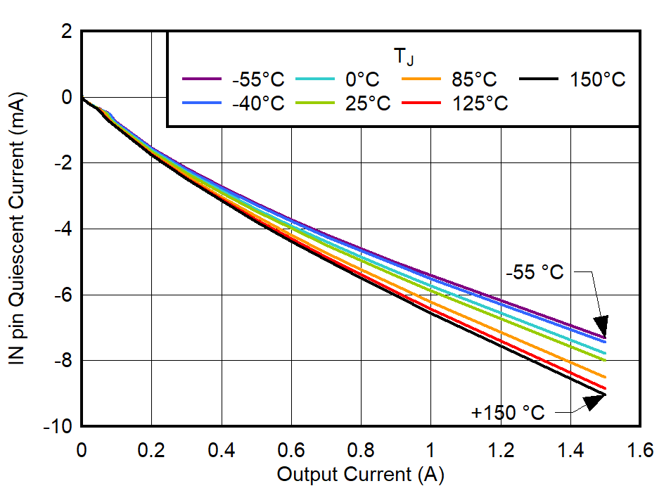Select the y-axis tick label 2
coord(68,31)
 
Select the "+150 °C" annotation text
coord(508,413)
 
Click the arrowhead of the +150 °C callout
coord(596,401)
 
